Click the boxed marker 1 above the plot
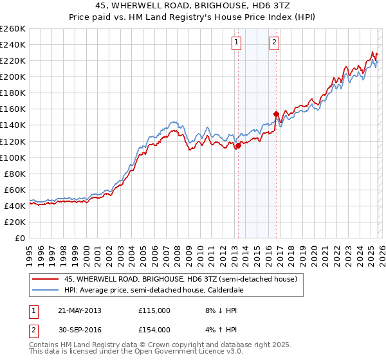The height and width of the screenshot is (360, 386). pyautogui.click(x=237, y=43)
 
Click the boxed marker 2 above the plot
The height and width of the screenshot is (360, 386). pyautogui.click(x=275, y=43)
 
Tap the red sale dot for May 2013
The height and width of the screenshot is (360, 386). pyautogui.click(x=238, y=145)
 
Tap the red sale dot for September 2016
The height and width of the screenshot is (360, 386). pyautogui.click(x=276, y=114)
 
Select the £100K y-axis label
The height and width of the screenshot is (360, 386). pyautogui.click(x=13, y=157)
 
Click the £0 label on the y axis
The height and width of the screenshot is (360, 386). pyautogui.click(x=19, y=238)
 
